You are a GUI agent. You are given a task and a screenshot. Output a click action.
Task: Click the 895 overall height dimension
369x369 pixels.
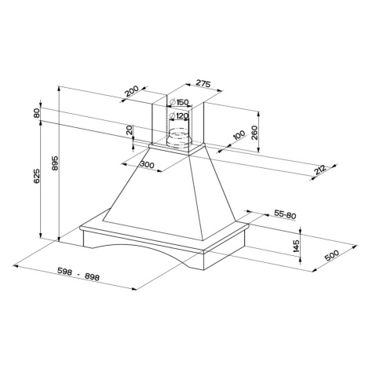click(x=55, y=163)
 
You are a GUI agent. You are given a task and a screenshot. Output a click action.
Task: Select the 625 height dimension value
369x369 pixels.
click(x=37, y=176)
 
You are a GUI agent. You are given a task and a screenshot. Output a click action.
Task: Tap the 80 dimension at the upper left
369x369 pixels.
click(x=37, y=113)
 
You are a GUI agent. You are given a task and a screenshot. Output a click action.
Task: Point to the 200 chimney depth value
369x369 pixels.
click(x=131, y=91)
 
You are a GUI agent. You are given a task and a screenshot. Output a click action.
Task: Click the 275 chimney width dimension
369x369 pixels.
click(x=203, y=83)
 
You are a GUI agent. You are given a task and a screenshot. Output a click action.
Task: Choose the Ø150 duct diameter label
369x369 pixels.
click(x=179, y=102)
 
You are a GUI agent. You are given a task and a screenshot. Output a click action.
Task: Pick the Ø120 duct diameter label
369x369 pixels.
click(x=179, y=115)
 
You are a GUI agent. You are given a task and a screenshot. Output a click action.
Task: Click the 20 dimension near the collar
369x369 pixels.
click(x=130, y=130)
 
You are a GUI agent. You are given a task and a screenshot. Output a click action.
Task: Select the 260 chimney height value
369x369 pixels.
click(x=254, y=133)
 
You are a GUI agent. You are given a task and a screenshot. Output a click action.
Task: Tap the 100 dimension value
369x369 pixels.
click(x=239, y=135)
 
